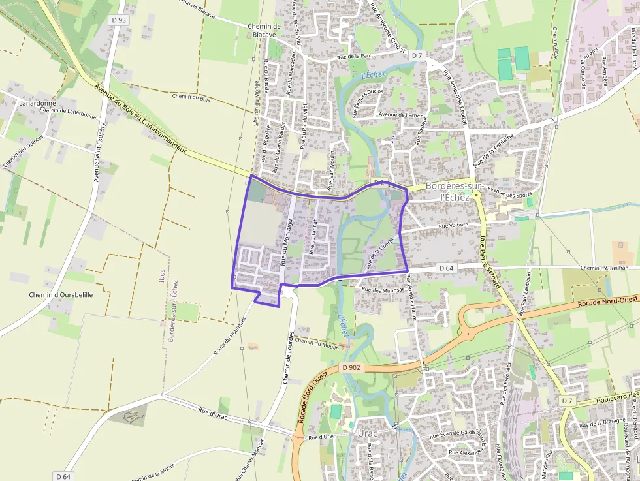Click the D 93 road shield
click(x=119, y=20)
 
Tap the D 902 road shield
click(x=351, y=368)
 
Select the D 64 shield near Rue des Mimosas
click(x=446, y=268)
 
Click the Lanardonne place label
click(x=37, y=103)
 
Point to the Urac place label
click(x=368, y=433)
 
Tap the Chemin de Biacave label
click(x=264, y=31)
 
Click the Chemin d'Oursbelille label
click(x=61, y=294)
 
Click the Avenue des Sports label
click(x=511, y=193)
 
